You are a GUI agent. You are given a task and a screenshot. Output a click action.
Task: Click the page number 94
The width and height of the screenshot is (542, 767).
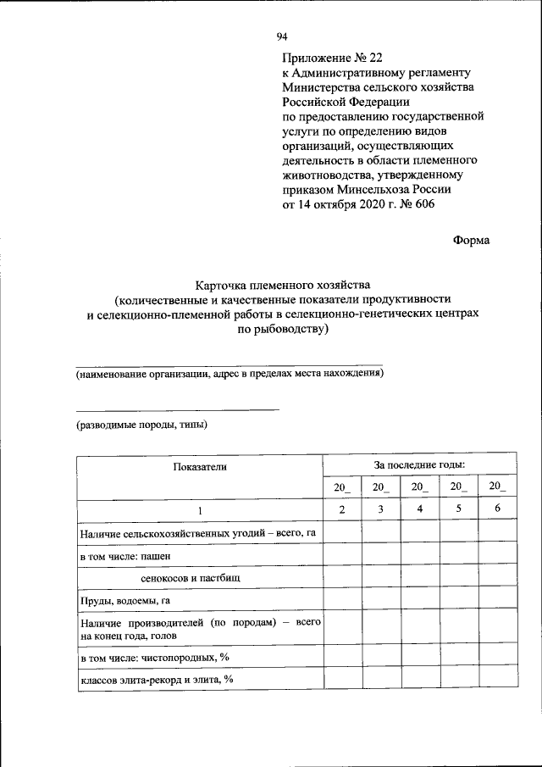coord(283,36)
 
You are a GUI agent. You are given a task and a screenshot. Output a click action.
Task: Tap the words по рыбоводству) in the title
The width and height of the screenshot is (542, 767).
coord(283,329)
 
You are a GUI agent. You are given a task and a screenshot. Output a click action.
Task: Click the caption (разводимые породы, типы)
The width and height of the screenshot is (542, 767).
coord(141,425)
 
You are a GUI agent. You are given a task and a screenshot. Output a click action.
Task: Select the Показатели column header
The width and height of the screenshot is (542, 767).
coord(200,466)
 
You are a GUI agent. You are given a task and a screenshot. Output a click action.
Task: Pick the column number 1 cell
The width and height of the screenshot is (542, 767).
coord(200,509)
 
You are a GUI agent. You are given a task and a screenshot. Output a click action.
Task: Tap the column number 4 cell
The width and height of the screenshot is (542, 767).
coord(419,509)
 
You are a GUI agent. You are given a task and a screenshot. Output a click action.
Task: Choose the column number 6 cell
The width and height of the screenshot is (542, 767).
coord(497,509)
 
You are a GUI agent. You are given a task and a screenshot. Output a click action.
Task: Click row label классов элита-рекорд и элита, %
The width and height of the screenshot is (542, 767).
coord(157,680)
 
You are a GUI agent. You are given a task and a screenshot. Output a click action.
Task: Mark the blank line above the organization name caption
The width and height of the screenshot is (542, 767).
coord(230,364)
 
